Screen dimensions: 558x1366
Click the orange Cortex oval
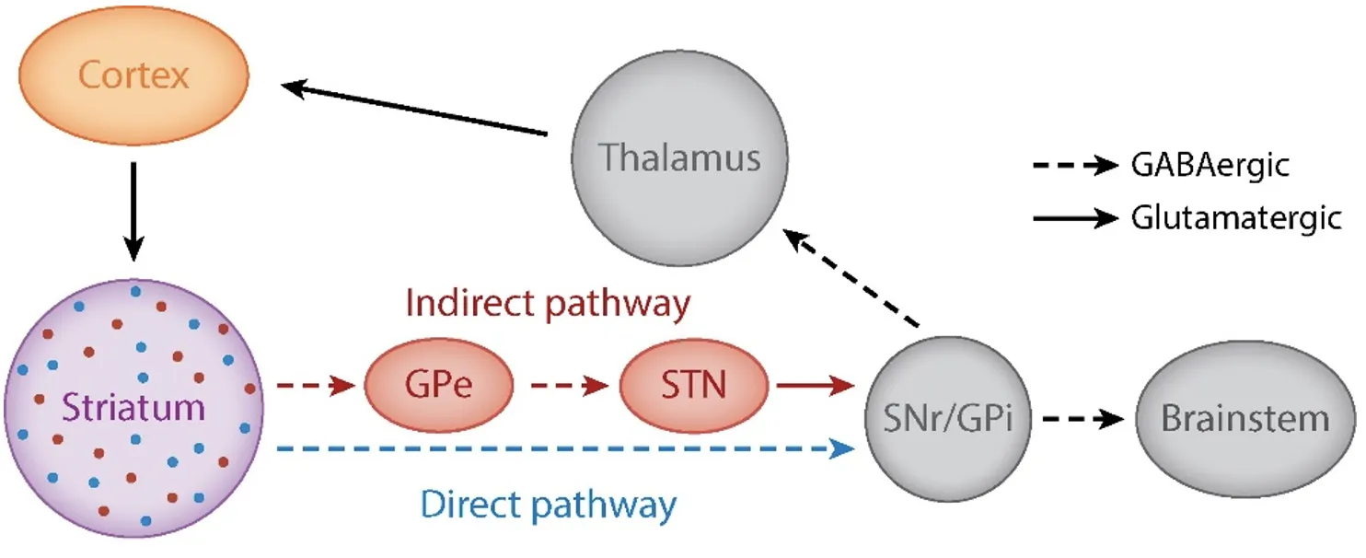click(133, 76)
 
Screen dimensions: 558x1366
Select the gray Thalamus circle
click(679, 157)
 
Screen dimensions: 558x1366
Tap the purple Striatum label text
click(134, 407)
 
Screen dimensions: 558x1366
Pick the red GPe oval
click(438, 385)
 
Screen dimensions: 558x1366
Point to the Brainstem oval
click(1244, 419)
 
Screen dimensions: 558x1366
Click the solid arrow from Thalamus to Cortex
click(414, 110)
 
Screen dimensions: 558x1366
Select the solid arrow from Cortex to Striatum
click(133, 212)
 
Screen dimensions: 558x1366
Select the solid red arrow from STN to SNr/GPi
click(816, 385)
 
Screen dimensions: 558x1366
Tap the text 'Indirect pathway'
click(548, 305)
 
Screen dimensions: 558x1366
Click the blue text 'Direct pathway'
click(549, 505)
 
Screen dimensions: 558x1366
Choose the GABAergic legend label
click(1210, 166)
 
